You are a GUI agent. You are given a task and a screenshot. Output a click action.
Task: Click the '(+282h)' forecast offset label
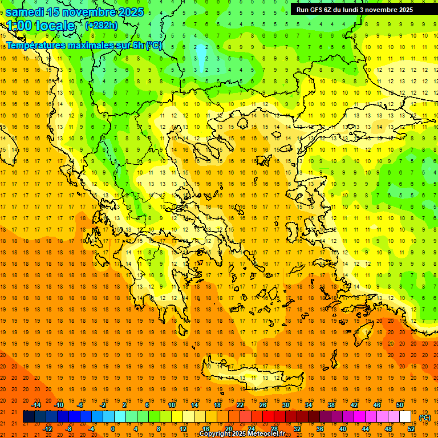pyautogui.click(x=101, y=25)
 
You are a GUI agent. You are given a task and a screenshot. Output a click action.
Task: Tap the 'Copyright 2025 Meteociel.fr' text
pyautogui.click(x=242, y=434)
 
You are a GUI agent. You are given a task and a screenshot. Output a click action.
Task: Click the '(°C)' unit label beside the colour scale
pyautogui.click(x=424, y=417)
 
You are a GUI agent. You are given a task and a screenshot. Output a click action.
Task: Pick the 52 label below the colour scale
pyautogui.click(x=411, y=429)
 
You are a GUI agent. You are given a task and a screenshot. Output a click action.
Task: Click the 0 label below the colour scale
pyautogui.click(x=113, y=429)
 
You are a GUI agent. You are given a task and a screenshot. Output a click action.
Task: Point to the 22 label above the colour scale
pyautogui.click(x=240, y=405)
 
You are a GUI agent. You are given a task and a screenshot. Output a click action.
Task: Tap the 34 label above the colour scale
pyautogui.click(x=309, y=405)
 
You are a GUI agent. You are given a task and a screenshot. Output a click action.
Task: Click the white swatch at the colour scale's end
pyautogui.click(x=405, y=417)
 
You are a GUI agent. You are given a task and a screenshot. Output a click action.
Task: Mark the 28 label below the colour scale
pyautogui.click(x=274, y=429)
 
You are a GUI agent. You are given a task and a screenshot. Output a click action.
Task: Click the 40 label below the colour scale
pyautogui.click(x=343, y=429)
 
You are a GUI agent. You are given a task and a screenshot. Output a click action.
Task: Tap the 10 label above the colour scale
pyautogui.click(x=172, y=405)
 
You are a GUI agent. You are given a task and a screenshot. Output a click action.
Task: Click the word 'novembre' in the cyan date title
pyautogui.click(x=82, y=12)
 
